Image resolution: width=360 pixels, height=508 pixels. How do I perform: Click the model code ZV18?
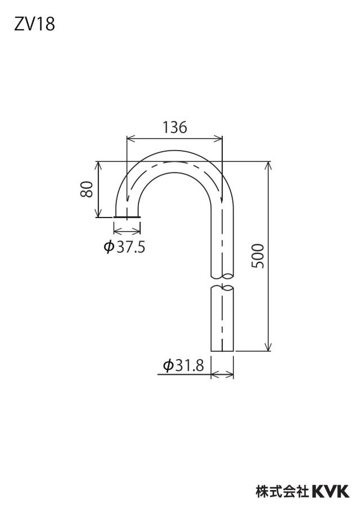(x=34, y=24)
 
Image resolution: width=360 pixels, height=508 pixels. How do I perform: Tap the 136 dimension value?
(x=175, y=128)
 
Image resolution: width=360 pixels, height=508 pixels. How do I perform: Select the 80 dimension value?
(x=87, y=189)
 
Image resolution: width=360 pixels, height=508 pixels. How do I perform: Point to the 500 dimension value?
(x=258, y=256)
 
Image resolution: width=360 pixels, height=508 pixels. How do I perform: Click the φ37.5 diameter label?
(x=124, y=248)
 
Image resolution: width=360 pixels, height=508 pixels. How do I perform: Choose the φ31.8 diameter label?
(x=183, y=366)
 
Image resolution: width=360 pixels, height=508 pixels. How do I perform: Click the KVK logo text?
(x=331, y=492)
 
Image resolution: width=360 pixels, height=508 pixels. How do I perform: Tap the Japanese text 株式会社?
(x=282, y=492)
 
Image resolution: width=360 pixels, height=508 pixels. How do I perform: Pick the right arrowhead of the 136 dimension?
(x=219, y=139)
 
